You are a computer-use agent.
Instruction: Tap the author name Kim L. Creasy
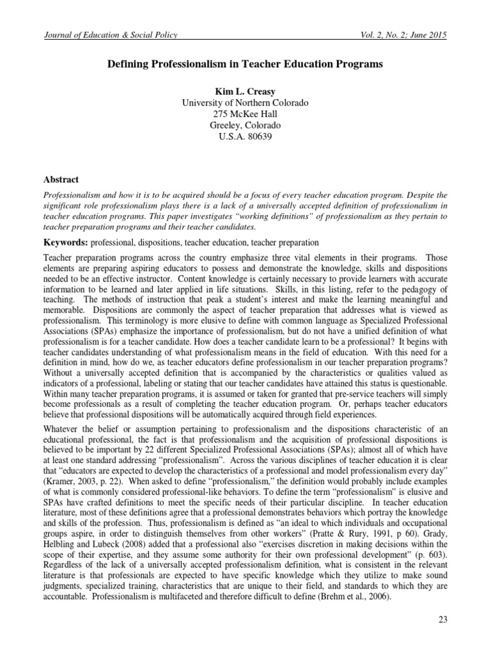click(x=245, y=91)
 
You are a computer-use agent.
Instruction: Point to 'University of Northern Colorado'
click(x=245, y=103)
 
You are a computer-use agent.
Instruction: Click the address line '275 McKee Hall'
click(x=245, y=114)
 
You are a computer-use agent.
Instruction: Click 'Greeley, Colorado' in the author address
click(x=245, y=126)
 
